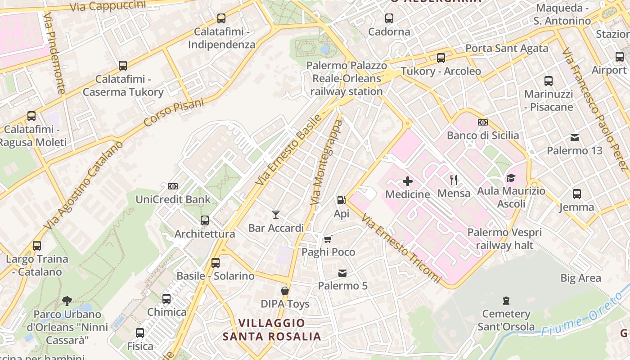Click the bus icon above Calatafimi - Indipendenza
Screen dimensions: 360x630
pos(221,18)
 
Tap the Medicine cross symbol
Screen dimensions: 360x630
pos(408,181)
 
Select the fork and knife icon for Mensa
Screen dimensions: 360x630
pos(454,180)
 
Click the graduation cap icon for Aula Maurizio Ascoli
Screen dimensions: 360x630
pos(510,178)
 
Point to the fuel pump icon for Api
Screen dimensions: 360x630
pos(341,200)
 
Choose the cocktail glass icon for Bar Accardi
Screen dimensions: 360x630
pos(276,215)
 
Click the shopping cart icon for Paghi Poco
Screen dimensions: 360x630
pos(328,239)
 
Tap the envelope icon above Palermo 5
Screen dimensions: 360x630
pos(342,273)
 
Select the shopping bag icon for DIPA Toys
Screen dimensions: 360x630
pos(285,291)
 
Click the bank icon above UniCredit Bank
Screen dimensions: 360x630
pos(173,186)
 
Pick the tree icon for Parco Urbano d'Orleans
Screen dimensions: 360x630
pos(67,301)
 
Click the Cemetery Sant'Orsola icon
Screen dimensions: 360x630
pos(506,300)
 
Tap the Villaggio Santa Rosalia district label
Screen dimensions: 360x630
pos(272,330)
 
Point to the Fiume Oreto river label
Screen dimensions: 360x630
pos(576,319)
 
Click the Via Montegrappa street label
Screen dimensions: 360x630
pos(327,162)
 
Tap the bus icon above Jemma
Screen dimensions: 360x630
pos(576,194)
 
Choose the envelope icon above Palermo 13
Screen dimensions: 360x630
pos(575,137)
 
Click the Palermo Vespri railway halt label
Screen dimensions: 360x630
pos(504,239)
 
